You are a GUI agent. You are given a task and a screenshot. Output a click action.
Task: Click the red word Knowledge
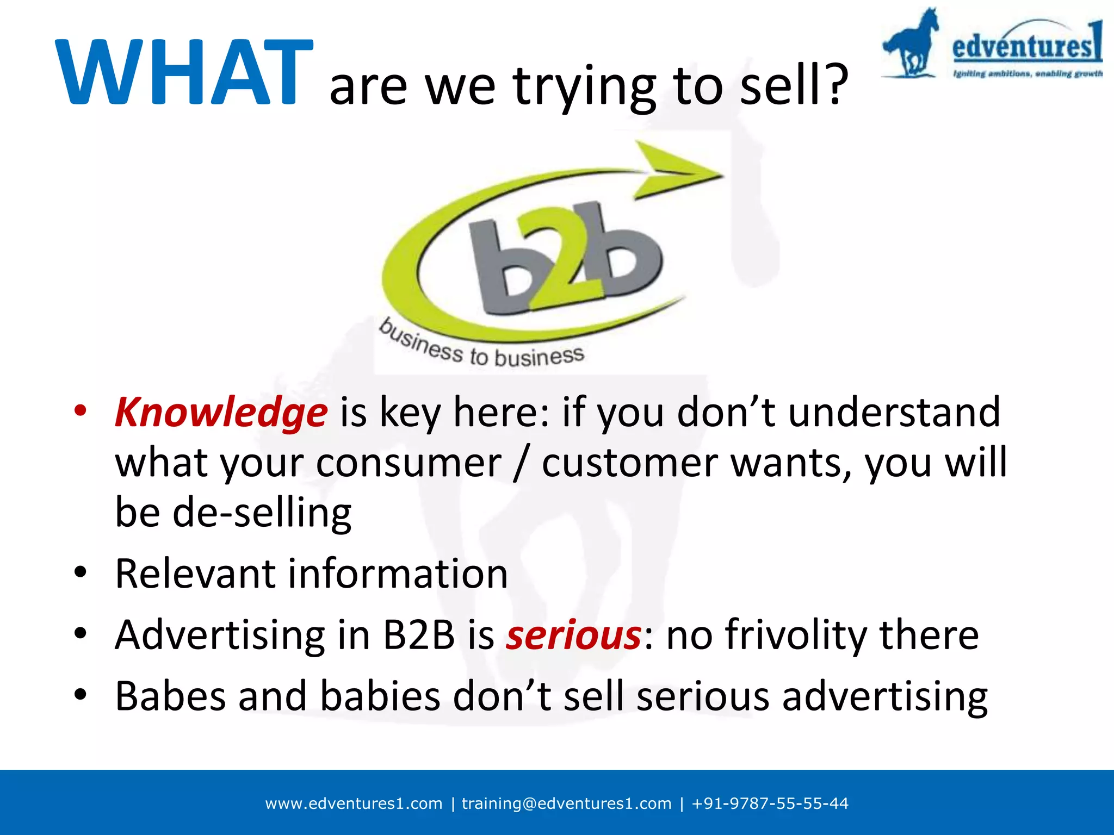pyautogui.click(x=221, y=413)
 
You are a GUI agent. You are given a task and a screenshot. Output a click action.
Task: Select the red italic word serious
pyautogui.click(x=573, y=635)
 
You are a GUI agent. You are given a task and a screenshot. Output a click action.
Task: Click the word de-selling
pyautogui.click(x=262, y=513)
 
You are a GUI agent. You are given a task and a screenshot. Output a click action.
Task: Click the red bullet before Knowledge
pyautogui.click(x=81, y=412)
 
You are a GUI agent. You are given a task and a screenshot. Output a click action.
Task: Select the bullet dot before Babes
pyautogui.click(x=81, y=695)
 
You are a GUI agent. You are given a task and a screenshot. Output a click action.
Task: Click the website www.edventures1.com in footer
pyautogui.click(x=354, y=803)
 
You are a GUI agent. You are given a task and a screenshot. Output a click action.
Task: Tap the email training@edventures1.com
pyautogui.click(x=566, y=803)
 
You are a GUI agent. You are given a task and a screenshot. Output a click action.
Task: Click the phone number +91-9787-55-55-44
pyautogui.click(x=770, y=803)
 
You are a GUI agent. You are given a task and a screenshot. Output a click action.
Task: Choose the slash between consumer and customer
pyautogui.click(x=521, y=463)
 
